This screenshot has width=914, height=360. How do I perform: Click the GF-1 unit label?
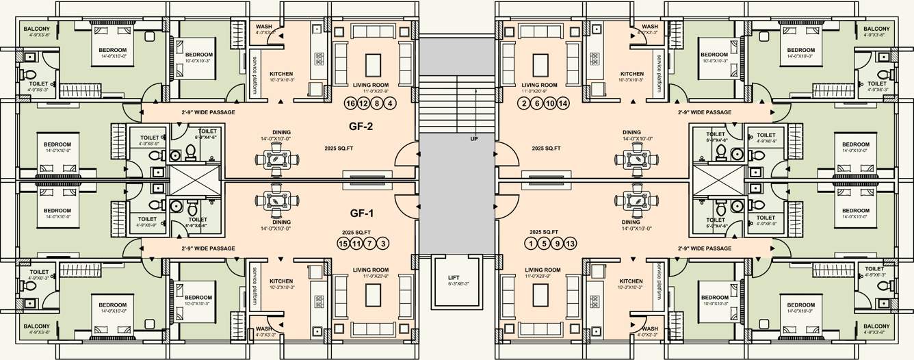tap(361, 213)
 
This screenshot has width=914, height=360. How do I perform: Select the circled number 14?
tap(563, 104)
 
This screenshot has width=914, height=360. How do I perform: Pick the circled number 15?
tap(344, 244)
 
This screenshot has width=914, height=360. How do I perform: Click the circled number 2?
tap(525, 104)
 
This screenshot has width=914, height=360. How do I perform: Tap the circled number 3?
tap(383, 244)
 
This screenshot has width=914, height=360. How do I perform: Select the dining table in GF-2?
tap(277, 159)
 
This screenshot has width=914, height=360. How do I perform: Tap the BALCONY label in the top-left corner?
tap(37, 29)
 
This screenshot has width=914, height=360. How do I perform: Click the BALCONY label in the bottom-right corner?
tap(876, 326)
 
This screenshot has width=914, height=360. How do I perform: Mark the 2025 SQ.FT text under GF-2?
tap(339, 148)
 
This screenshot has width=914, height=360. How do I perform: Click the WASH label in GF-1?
tap(264, 329)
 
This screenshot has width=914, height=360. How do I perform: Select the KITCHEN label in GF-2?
tap(282, 74)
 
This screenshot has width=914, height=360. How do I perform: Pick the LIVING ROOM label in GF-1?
tap(371, 270)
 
